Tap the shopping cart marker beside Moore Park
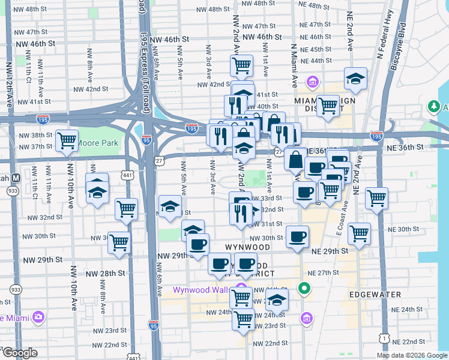point(67,140)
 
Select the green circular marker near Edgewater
point(305,289)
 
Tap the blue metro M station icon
point(16,178)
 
